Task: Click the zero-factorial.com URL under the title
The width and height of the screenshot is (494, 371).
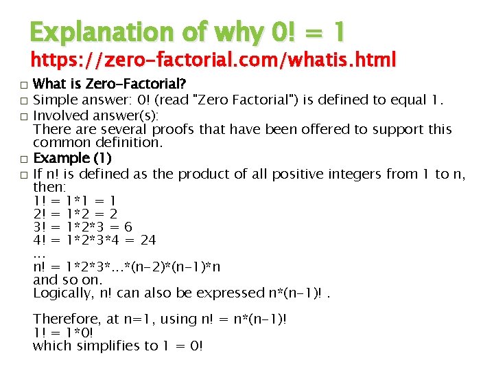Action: tap(213, 61)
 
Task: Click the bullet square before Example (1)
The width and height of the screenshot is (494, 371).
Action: tap(24, 160)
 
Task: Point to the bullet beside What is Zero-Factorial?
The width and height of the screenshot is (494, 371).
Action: tap(24, 86)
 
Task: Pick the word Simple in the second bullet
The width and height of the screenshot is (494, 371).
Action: tap(54, 102)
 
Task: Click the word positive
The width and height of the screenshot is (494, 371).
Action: tap(296, 174)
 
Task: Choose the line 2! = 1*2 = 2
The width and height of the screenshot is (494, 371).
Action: tap(75, 214)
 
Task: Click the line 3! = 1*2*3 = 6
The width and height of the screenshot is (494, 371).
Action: tap(82, 227)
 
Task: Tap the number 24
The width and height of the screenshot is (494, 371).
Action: tap(148, 240)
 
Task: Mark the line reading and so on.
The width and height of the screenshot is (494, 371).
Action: tap(67, 280)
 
